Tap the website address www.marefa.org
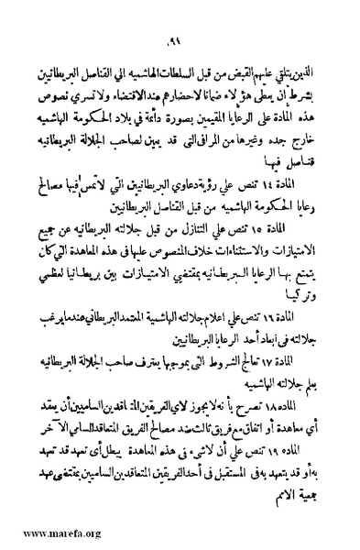pos(50,532)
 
